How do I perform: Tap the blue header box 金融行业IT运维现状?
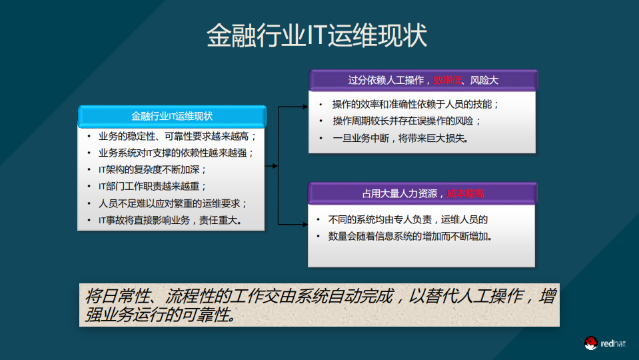(172, 116)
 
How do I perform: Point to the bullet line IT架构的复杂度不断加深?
(153, 169)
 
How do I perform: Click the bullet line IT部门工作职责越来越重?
(153, 186)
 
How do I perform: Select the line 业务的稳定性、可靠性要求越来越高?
(177, 136)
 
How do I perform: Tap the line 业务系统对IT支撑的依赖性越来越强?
(177, 153)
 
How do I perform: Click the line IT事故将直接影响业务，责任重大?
(170, 220)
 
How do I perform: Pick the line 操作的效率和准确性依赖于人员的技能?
(416, 104)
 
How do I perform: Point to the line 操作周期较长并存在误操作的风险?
(406, 121)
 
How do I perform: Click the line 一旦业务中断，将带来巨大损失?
(401, 138)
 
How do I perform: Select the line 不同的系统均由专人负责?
(380, 219)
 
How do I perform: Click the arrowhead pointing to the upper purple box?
(305, 106)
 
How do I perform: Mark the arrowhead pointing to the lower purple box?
(305, 225)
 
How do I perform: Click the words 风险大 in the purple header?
(484, 80)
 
